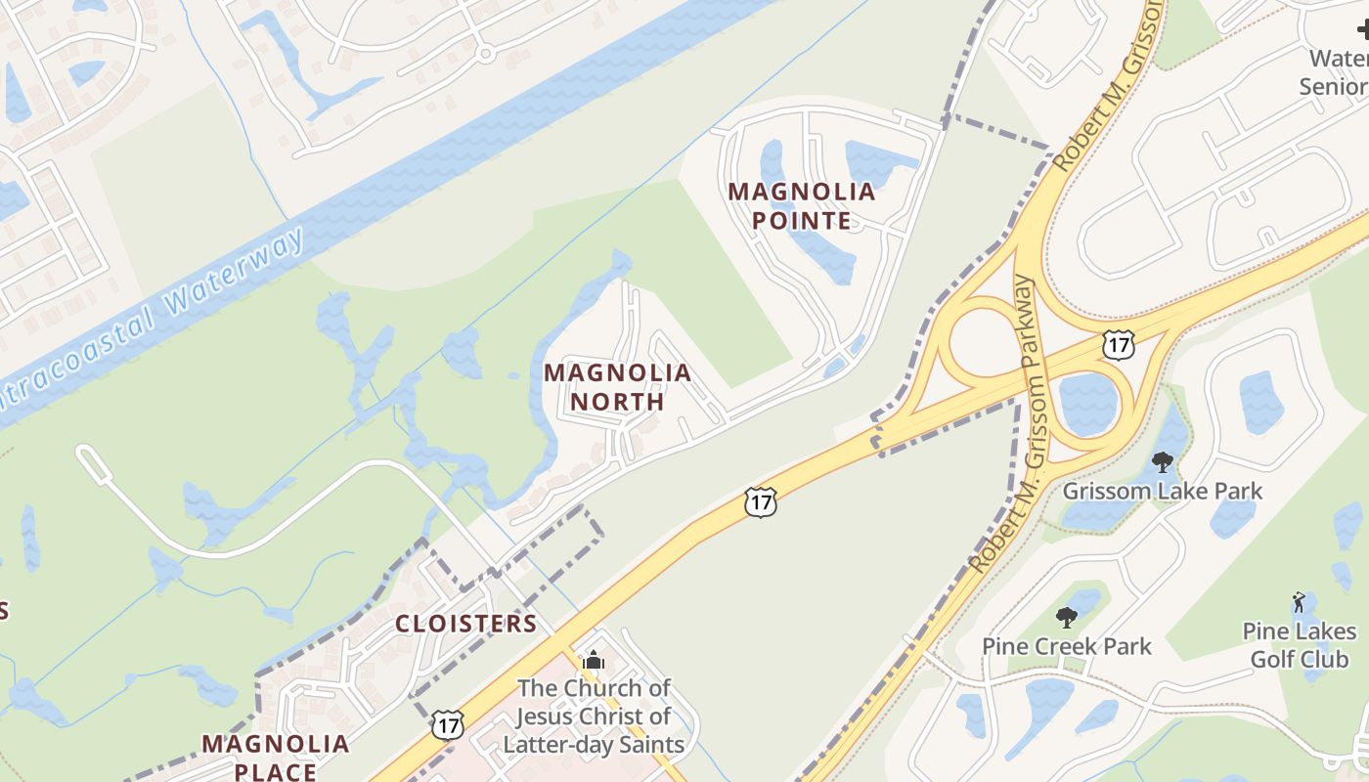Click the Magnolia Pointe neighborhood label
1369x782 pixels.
click(x=801, y=205)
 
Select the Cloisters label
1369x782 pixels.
click(x=465, y=624)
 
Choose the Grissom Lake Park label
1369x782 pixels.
click(x=1163, y=491)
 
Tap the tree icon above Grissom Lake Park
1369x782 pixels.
click(x=1163, y=462)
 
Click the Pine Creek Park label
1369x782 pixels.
click(x=1067, y=646)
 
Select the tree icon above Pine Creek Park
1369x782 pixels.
click(x=1067, y=618)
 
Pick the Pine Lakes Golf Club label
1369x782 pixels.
click(x=1300, y=645)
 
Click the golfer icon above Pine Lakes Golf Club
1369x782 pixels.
click(x=1299, y=601)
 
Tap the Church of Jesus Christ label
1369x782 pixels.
click(x=594, y=717)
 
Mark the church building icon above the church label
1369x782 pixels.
click(x=594, y=661)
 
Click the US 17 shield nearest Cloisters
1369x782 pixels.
click(x=448, y=725)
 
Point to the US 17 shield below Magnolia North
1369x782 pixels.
click(x=760, y=501)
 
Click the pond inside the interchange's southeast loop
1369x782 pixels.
click(x=1087, y=403)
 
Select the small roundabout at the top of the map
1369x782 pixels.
click(x=484, y=53)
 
